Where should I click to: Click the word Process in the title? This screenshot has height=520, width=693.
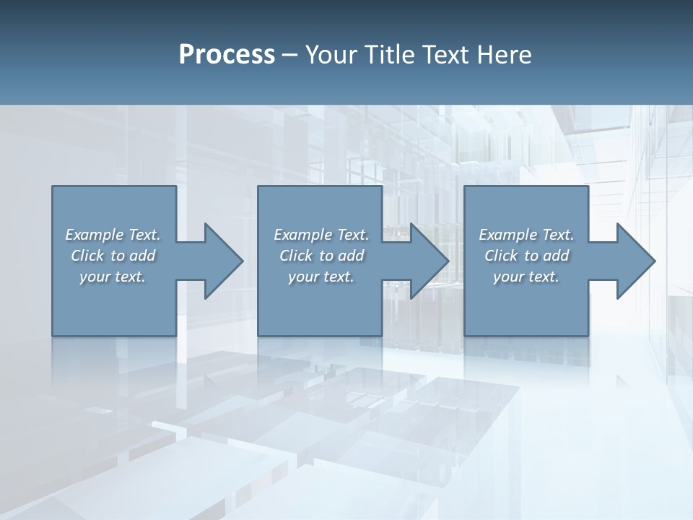point(227,55)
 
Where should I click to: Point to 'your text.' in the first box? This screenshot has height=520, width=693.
point(113,277)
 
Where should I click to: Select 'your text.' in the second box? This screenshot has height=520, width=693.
point(321,277)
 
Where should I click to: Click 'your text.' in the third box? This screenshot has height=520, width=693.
point(526,277)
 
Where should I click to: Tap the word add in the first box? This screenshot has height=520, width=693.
point(142,256)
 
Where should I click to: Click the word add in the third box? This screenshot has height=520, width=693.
point(556,256)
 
